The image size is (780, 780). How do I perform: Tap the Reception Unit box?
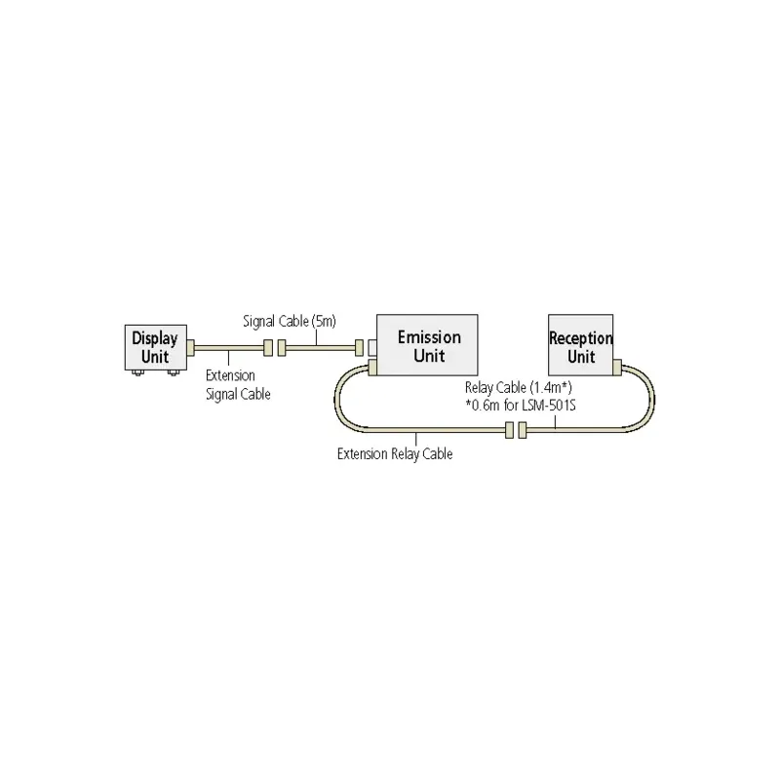581,347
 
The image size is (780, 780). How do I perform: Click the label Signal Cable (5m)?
290,321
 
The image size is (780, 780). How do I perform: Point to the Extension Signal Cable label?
238,385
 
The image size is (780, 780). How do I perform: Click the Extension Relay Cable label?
395,453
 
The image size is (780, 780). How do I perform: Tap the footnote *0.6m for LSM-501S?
522,405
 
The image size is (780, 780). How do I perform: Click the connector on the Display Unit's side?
191,346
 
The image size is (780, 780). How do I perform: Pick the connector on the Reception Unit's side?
617,367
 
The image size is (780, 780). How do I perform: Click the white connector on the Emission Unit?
371,346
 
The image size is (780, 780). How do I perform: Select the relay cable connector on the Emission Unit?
371,368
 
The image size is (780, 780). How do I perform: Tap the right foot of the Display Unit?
174,371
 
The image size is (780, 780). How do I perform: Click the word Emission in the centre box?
429,337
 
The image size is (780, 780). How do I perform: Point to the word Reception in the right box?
581,339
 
